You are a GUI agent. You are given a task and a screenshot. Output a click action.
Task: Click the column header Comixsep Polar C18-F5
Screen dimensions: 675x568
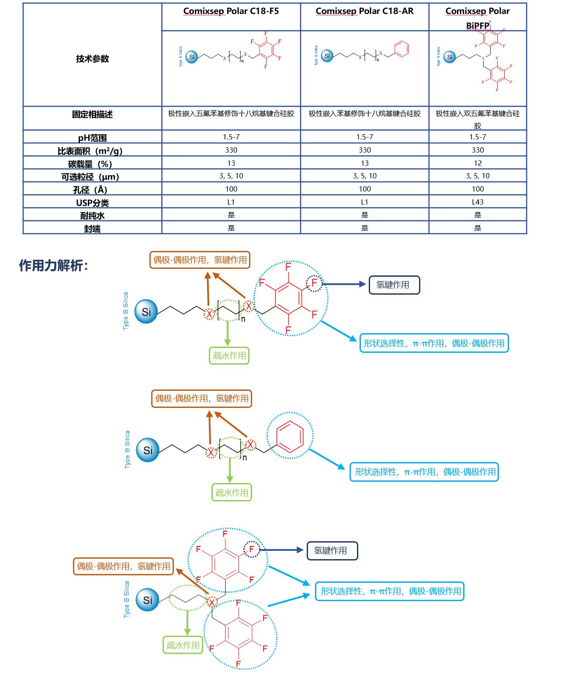[x=231, y=11]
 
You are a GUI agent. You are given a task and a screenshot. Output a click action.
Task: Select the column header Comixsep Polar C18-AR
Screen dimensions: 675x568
[x=364, y=11]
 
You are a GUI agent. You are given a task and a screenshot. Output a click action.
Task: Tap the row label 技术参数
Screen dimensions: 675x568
[x=92, y=59]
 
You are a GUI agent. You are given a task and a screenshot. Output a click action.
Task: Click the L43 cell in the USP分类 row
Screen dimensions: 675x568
[x=478, y=202]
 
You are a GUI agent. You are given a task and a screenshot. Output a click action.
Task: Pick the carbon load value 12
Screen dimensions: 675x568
[x=478, y=163]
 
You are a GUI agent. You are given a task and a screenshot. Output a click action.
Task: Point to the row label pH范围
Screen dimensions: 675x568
[x=92, y=138]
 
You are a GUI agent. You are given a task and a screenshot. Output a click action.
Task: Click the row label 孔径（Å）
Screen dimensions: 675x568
[x=90, y=190]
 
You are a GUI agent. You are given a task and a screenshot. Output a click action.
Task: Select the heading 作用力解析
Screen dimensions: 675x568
[x=53, y=265]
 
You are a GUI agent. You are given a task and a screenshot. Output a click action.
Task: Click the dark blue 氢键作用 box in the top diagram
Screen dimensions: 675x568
[x=394, y=285]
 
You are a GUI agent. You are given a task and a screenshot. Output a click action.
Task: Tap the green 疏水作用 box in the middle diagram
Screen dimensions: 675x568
[x=232, y=493]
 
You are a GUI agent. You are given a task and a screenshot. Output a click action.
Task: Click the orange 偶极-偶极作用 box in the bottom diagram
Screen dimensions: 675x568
[x=123, y=566]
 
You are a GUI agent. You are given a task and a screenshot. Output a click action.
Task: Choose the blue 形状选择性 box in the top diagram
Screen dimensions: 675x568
[x=434, y=343]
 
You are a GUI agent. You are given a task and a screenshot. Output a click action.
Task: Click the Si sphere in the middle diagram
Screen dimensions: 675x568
[x=148, y=450]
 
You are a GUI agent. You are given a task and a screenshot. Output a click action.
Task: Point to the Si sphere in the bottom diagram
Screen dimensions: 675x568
[x=147, y=600]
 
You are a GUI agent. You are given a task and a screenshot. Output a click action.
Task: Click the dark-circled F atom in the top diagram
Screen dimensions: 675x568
[x=314, y=283]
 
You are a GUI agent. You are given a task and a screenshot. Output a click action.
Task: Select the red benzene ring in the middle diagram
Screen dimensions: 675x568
[x=290, y=436]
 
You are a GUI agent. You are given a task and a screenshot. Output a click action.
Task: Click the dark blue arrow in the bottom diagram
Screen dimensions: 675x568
[x=282, y=550]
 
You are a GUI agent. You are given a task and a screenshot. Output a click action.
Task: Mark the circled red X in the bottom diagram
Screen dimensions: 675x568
[x=212, y=602]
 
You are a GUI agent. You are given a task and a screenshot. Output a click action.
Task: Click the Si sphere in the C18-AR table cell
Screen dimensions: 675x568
[x=327, y=56]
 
